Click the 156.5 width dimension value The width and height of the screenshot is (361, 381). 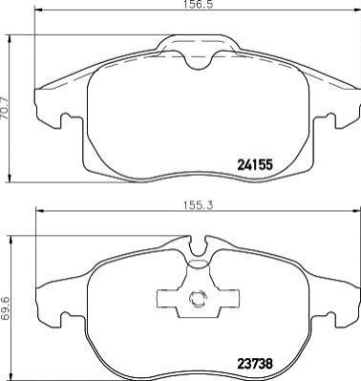197,4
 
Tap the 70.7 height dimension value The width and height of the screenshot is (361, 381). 5,109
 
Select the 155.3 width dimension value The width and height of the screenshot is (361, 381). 197,205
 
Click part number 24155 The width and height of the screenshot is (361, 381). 255,165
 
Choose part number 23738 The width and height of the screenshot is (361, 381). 255,363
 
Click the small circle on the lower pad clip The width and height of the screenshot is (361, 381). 198,298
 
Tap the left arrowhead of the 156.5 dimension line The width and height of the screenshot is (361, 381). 38,11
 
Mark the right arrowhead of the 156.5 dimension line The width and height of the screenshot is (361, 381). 357,11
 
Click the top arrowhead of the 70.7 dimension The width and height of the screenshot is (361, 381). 11,39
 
